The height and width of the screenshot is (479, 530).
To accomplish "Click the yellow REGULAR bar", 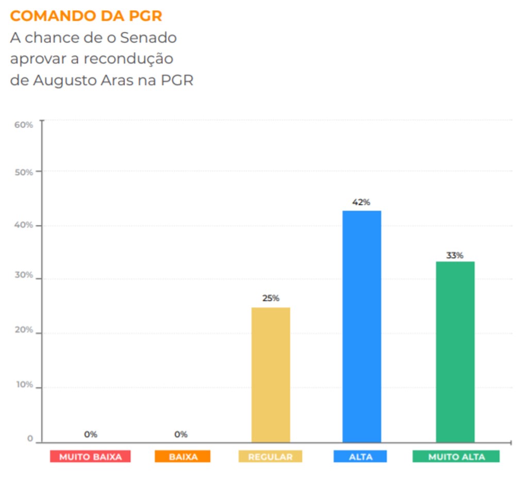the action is click(x=271, y=374).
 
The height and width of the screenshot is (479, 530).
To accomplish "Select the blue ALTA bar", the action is click(x=362, y=326).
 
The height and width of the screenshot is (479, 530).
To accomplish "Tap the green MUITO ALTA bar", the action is click(x=455, y=352).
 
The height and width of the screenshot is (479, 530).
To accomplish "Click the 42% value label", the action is click(x=361, y=202).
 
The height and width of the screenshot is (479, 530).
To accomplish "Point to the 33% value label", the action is click(x=455, y=255).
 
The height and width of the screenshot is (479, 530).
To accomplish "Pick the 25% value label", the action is click(x=271, y=298).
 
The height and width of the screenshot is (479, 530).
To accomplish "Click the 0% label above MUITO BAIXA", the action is click(x=91, y=434).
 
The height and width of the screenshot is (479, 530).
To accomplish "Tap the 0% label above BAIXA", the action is click(x=181, y=434).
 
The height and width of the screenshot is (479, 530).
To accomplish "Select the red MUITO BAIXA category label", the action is click(x=90, y=456).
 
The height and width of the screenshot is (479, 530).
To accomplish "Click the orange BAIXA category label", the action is click(x=183, y=456).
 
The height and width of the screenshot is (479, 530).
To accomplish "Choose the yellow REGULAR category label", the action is click(x=270, y=456).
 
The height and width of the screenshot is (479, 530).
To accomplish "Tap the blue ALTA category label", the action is click(x=360, y=456).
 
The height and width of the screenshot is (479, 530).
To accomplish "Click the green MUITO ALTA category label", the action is click(x=456, y=456).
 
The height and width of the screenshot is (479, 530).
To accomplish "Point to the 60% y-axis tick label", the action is click(x=24, y=125).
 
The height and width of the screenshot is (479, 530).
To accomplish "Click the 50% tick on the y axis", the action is click(x=24, y=172).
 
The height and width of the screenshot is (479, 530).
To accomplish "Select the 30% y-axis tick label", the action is click(x=24, y=275).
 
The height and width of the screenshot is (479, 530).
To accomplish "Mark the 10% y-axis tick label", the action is click(x=24, y=385).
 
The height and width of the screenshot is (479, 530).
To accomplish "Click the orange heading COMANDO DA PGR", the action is click(x=86, y=16).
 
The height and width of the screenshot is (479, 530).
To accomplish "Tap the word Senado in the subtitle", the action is click(x=148, y=38).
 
